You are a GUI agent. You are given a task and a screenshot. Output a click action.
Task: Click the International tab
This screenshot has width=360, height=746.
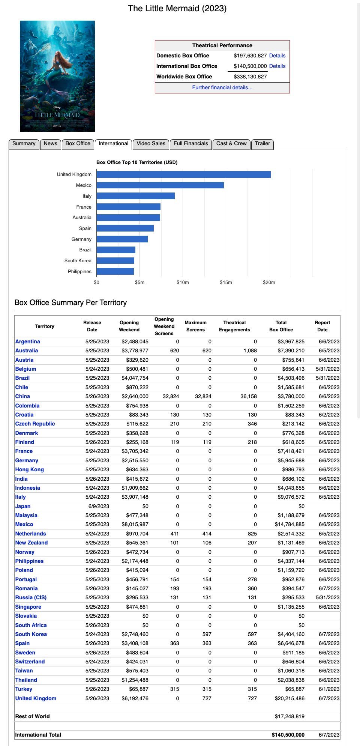(x=113, y=144)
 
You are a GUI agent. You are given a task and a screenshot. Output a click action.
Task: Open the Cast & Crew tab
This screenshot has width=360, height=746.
(x=231, y=144)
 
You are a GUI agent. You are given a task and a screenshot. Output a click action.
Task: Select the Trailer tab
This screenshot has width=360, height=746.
(x=262, y=144)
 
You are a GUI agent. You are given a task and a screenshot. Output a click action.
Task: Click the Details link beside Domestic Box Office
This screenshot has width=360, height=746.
(x=277, y=56)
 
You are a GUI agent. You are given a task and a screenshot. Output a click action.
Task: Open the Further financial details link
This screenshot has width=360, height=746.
(x=222, y=87)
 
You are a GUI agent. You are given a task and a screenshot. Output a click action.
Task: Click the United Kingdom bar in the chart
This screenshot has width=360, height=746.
(x=183, y=174)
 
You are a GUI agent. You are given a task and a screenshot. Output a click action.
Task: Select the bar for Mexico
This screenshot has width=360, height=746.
(x=160, y=185)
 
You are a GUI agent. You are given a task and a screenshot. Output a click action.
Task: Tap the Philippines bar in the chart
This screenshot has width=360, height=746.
(x=115, y=271)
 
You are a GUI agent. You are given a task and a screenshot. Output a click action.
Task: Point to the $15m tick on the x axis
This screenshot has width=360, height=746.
(x=226, y=283)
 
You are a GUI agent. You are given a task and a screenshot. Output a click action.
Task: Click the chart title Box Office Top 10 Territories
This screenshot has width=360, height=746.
(x=137, y=162)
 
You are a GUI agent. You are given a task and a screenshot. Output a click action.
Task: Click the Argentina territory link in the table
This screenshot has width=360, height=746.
(x=27, y=341)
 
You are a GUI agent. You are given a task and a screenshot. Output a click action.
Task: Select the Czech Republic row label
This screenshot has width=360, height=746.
(x=35, y=424)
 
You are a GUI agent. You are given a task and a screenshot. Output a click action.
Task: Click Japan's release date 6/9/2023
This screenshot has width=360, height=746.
(x=99, y=506)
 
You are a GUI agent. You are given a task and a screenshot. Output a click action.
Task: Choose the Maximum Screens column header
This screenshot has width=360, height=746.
(x=195, y=326)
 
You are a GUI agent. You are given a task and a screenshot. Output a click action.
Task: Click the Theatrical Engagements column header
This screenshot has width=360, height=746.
(x=234, y=326)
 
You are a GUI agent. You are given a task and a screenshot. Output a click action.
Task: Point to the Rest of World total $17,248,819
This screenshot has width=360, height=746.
(x=289, y=716)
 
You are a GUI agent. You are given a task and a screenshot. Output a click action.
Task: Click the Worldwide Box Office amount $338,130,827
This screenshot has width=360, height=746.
(x=250, y=77)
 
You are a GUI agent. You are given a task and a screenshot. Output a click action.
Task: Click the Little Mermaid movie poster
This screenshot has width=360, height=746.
(x=57, y=76)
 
